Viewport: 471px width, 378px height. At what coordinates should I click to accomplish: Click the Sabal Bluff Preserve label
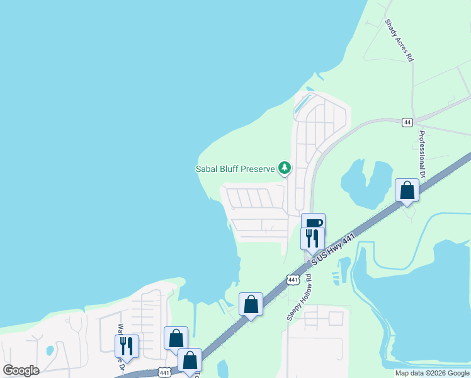pos(235,169)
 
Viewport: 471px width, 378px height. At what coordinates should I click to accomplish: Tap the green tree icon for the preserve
pos(285,168)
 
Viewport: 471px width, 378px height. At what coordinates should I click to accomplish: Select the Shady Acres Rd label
pos(399,40)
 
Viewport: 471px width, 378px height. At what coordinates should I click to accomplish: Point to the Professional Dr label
pos(423,155)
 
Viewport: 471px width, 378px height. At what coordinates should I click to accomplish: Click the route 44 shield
pos(407,122)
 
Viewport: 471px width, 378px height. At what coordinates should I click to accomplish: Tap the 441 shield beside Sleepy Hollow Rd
pos(293,279)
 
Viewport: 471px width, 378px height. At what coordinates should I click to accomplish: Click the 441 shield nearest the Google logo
pos(163,372)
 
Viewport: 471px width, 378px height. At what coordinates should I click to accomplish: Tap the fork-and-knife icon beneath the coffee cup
pos(312,238)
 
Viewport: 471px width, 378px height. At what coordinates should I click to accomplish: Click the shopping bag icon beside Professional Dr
pos(407,190)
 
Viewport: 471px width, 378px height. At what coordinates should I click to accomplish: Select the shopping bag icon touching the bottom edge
pos(190,360)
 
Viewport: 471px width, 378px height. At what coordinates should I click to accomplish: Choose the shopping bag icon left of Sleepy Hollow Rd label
pos(251,304)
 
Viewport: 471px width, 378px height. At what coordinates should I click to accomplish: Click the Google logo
pos(21,370)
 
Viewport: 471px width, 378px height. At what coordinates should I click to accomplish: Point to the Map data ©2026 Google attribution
pos(432,373)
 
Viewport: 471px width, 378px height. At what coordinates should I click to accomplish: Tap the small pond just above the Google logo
pos(49,350)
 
